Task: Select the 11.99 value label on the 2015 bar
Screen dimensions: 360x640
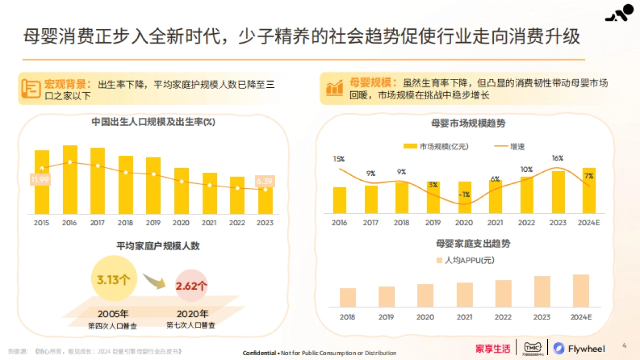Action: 40,180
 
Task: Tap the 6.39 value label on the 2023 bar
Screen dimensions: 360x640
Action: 265,182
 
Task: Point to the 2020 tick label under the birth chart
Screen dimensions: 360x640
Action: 182,222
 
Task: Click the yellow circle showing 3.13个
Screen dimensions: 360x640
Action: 114,279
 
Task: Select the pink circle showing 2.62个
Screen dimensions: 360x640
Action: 191,285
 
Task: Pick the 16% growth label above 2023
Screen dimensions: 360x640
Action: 558,158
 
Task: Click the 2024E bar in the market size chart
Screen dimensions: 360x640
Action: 589,190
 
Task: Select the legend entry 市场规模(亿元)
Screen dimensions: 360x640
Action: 436,147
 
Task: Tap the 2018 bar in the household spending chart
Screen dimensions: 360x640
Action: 348,297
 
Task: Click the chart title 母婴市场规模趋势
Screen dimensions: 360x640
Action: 468,123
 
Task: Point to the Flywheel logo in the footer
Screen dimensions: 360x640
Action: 580,349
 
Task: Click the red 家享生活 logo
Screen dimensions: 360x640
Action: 493,349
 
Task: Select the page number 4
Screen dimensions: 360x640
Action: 625,346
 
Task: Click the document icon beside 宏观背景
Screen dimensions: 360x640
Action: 31,88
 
